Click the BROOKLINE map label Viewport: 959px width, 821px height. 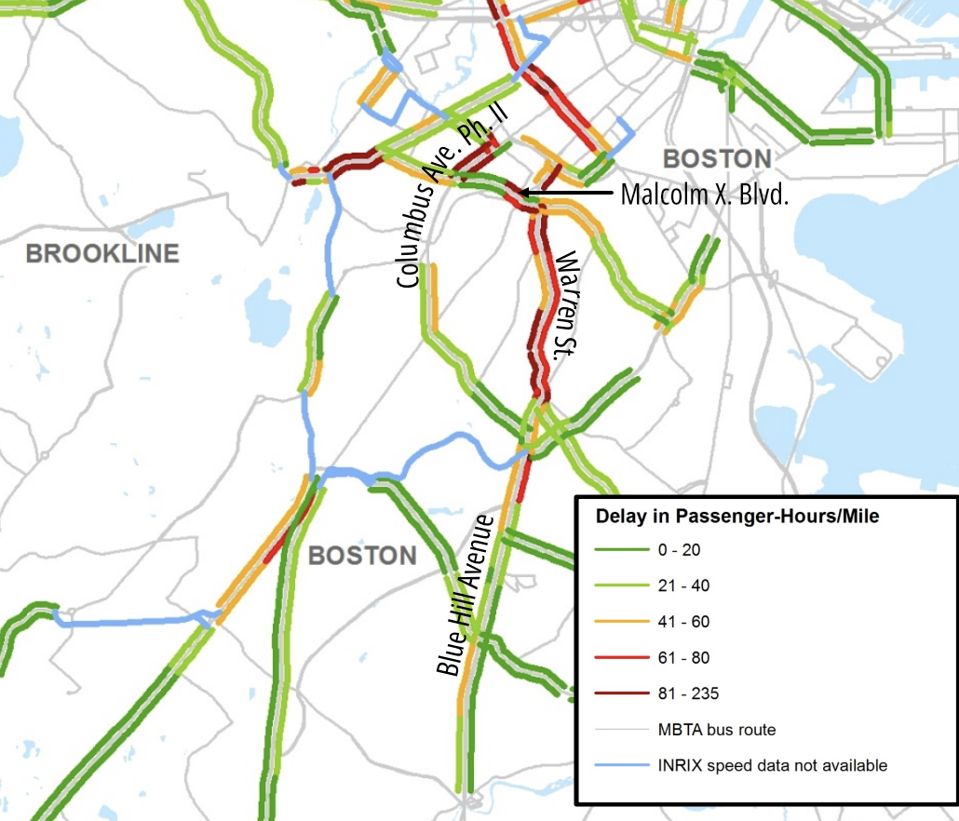pyautogui.click(x=102, y=253)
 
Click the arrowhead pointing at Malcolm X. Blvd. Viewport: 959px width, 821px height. pyautogui.click(x=524, y=193)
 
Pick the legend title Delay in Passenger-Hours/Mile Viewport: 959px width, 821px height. pyautogui.click(x=736, y=516)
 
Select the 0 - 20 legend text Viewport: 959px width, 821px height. pyautogui.click(x=693, y=550)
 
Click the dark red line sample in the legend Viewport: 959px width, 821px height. pyautogui.click(x=622, y=693)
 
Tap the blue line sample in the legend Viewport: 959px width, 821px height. pyautogui.click(x=622, y=765)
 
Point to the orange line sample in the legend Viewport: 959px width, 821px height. pyautogui.click(x=622, y=622)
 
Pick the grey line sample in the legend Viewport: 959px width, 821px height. pyautogui.click(x=622, y=729)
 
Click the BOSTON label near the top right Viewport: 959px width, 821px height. pyautogui.click(x=716, y=159)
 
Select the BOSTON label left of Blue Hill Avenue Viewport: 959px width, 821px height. pyautogui.click(x=362, y=556)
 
